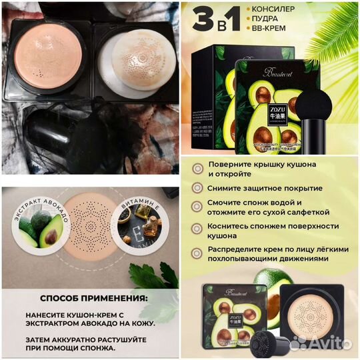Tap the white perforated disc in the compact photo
point(136,60)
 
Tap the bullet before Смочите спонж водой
point(197,207)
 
